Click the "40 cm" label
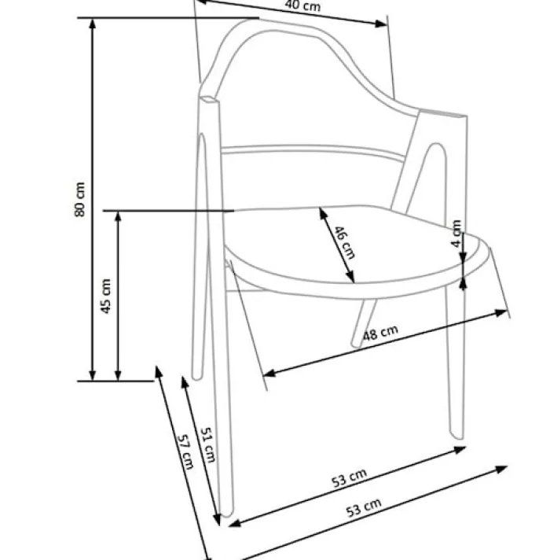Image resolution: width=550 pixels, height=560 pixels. click(302, 6)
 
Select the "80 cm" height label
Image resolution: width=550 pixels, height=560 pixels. click(80, 199)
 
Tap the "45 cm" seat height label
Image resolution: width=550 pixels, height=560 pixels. click(106, 296)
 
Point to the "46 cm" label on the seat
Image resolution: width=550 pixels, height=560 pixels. click(344, 242)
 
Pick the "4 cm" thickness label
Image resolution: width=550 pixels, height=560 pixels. click(456, 234)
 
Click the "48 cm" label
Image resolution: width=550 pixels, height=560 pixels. click(380, 333)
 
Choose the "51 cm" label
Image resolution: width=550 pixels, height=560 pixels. click(207, 445)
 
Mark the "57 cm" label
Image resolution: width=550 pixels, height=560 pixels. click(185, 451)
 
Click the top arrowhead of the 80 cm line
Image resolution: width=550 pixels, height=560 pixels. click(93, 24)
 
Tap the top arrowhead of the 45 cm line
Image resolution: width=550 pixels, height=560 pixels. click(118, 217)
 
